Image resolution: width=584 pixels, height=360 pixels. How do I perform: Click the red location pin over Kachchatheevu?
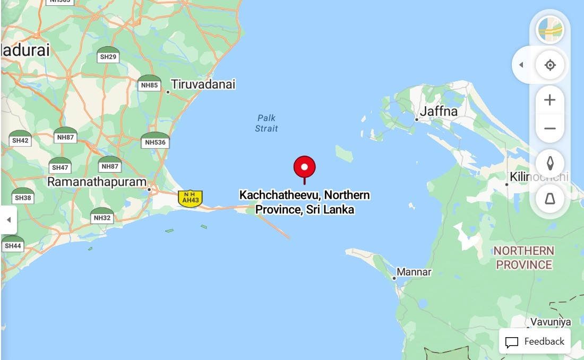pos(304,167)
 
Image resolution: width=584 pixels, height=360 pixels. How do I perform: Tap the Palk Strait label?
pos(266,123)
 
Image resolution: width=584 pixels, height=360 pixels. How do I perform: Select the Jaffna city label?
pos(438,112)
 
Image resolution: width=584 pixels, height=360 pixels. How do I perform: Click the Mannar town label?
pos(414,272)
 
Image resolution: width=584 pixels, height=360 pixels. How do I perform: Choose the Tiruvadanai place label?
pos(203,84)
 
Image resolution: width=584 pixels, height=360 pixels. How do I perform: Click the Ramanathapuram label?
pos(97,182)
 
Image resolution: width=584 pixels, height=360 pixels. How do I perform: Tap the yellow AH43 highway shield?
pos(190,198)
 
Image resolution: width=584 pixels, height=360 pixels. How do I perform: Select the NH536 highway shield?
pos(155,141)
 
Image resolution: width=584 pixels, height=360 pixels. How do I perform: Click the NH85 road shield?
pos(149,83)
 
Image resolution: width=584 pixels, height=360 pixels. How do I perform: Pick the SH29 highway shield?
pos(108,55)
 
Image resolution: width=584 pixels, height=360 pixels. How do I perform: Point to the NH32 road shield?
pos(102,216)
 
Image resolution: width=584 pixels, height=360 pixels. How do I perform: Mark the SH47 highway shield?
pos(60,166)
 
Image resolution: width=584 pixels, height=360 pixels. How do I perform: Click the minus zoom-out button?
pos(550,128)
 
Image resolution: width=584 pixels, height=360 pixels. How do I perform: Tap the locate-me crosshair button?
pos(550,65)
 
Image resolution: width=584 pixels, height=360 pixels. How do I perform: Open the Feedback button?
pos(535,341)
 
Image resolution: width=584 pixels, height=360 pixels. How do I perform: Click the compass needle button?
pos(550,163)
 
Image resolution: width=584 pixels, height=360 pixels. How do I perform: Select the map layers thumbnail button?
pos(550,30)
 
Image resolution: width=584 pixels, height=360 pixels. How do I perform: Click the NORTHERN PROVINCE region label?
pos(523,258)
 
